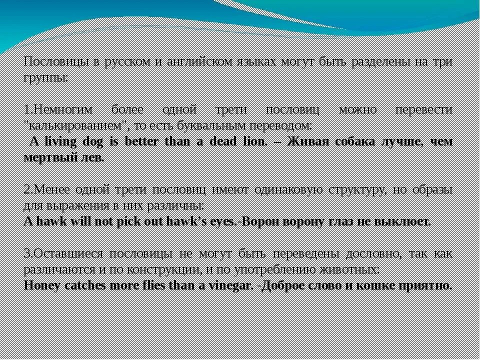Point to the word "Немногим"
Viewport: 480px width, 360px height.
tap(60, 109)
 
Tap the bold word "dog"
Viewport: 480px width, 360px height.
tap(92, 141)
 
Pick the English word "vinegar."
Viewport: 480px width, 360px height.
tap(226, 285)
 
